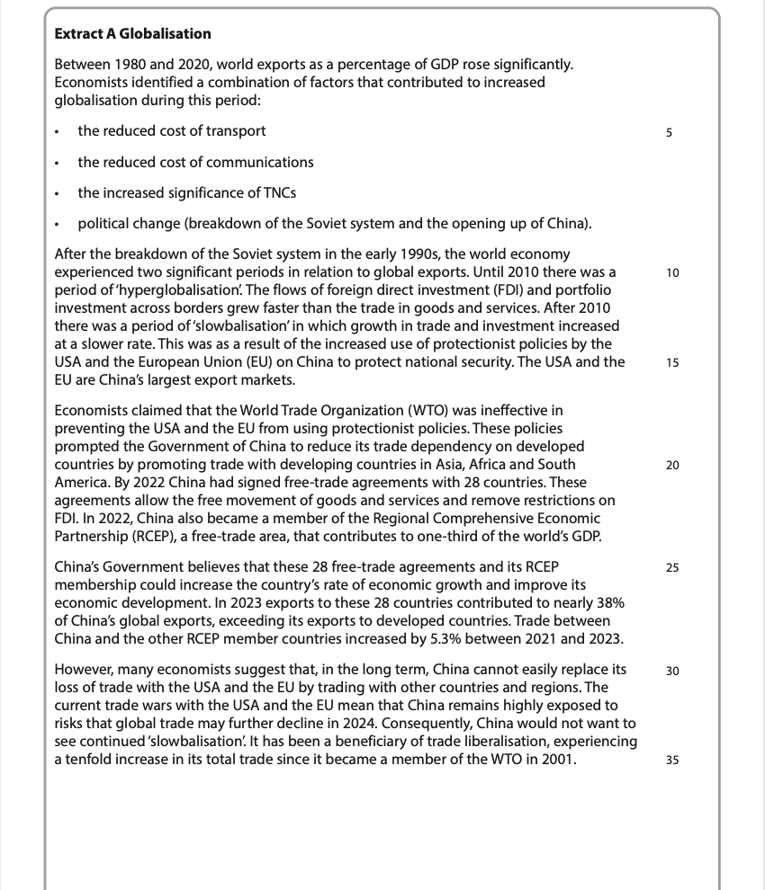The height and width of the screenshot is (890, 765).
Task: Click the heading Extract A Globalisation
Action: coord(133,34)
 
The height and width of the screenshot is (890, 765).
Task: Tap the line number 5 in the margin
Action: coord(669,133)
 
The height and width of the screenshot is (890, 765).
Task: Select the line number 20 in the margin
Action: coord(672,465)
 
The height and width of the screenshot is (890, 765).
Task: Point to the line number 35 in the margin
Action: coord(672,761)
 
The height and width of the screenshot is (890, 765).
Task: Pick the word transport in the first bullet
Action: coord(236,131)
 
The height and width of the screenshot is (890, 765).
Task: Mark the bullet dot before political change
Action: coord(57,224)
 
